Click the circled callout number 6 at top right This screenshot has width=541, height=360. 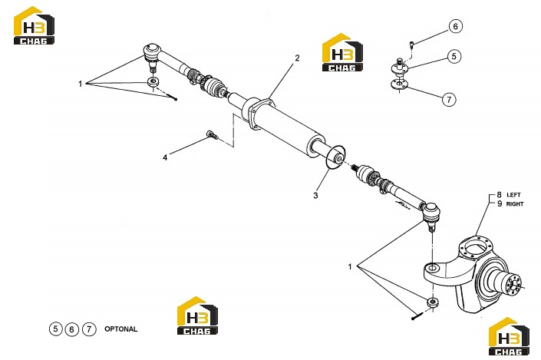[x=455, y=27]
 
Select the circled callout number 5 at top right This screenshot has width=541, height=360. [x=454, y=56]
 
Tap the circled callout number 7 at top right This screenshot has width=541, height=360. [x=449, y=100]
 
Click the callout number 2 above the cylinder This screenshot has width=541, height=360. [x=297, y=58]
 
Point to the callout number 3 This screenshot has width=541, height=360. [x=315, y=196]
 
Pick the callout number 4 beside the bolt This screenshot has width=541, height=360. [x=165, y=157]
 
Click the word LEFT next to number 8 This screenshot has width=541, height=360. [x=513, y=195]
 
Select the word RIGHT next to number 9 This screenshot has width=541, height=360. [x=515, y=204]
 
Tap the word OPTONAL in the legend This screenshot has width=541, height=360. [x=120, y=329]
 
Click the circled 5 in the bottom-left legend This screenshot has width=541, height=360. [x=55, y=329]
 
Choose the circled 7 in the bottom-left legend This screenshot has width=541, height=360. [x=89, y=329]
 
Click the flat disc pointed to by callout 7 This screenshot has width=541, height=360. [x=399, y=84]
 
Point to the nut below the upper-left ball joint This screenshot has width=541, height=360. [x=153, y=82]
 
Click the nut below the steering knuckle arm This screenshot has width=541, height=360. [x=433, y=302]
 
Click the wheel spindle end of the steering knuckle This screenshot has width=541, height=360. [x=513, y=284]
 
